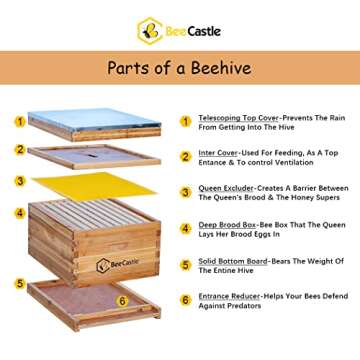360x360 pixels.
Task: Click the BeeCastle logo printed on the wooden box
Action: point(117,265)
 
